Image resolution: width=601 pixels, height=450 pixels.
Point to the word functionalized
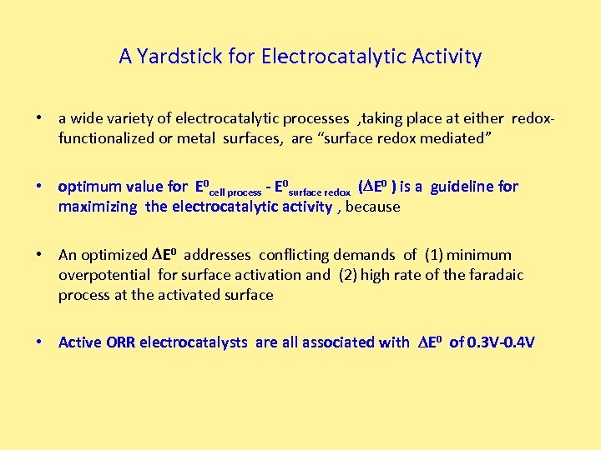(x=106, y=138)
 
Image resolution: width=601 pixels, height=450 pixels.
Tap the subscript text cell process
(x=235, y=191)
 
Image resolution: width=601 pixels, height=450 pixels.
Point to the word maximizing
(x=98, y=207)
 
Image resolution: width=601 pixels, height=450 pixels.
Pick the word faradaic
(x=492, y=275)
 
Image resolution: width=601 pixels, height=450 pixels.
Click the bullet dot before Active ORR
(x=39, y=342)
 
